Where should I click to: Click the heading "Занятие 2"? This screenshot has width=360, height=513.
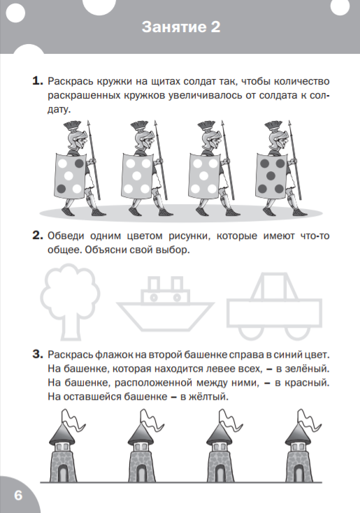[181, 27]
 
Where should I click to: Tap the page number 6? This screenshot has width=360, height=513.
[18, 495]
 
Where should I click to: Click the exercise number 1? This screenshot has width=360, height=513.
[38, 81]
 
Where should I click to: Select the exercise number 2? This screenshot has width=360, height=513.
[38, 236]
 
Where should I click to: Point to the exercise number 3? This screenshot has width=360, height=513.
[38, 354]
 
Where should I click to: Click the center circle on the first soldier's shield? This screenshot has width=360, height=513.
[69, 176]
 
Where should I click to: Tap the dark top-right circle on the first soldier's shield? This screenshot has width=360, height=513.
[80, 164]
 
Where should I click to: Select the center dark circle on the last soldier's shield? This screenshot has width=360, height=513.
[271, 176]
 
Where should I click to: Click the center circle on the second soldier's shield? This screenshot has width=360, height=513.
[136, 176]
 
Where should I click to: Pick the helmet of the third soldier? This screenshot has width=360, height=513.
[206, 135]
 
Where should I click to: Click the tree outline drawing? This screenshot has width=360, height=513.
[70, 302]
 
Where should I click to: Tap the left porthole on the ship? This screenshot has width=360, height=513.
[154, 298]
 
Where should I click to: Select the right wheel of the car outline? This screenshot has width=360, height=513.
[297, 333]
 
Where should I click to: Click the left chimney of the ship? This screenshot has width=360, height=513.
[154, 283]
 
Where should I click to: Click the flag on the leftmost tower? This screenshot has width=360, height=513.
[73, 420]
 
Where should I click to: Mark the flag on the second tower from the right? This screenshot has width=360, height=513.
[230, 420]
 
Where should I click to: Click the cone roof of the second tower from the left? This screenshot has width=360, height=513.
[141, 434]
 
